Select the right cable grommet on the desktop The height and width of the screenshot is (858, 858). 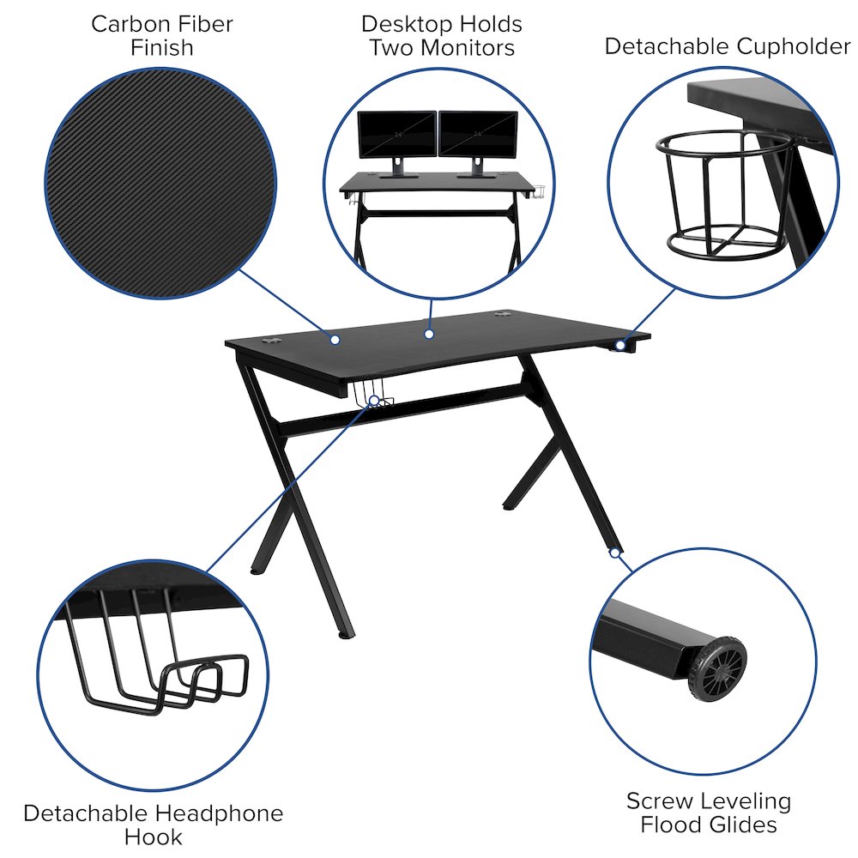(502, 315)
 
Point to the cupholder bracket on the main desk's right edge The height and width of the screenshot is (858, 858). (622, 345)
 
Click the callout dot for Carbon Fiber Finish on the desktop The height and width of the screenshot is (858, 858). (335, 341)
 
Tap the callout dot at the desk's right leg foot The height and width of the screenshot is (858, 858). (614, 553)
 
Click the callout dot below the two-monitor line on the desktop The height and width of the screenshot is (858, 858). (429, 333)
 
